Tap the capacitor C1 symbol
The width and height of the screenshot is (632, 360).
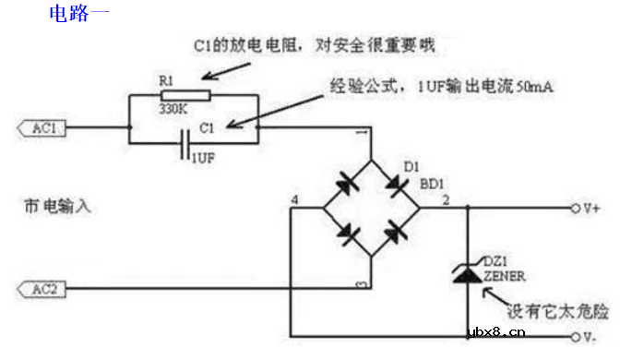coord(187,145)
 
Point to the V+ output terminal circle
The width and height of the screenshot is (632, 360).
coord(577,208)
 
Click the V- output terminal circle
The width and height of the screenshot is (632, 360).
coord(577,334)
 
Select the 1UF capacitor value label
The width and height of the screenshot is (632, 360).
coord(205,159)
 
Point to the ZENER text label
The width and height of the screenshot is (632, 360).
coord(503,274)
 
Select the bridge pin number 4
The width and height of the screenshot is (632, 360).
coord(294,199)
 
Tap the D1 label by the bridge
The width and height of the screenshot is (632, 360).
coord(412,166)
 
